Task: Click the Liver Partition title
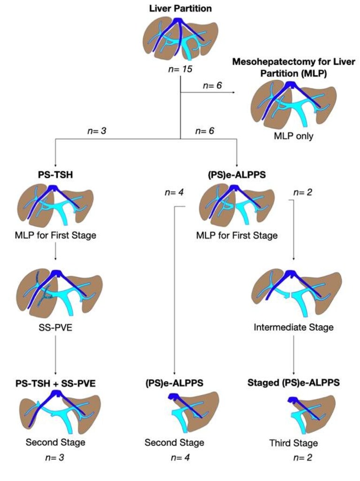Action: tap(180, 8)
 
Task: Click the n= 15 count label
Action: tap(180, 69)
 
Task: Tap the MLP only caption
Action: tap(293, 136)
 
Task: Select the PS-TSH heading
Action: tap(55, 175)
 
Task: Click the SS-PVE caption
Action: tap(55, 327)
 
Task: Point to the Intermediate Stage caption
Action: tap(293, 327)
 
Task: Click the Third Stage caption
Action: tap(293, 443)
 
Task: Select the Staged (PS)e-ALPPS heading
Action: tap(293, 383)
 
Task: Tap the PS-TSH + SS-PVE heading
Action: tap(55, 383)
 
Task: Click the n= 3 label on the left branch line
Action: tap(97, 131)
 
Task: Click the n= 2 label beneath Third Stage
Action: tap(302, 458)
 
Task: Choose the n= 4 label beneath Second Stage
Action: tap(180, 458)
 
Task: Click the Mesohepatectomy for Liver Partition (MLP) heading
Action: tap(293, 68)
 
